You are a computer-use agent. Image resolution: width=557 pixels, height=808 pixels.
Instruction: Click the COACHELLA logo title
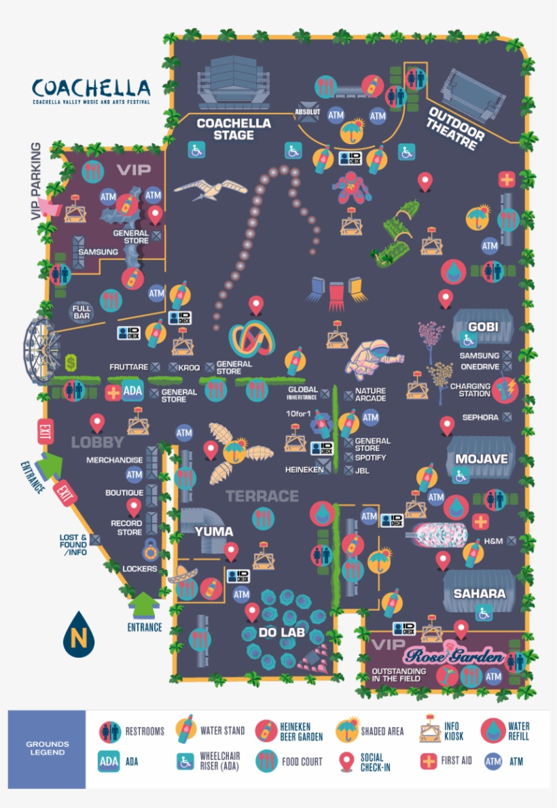[x=91, y=89]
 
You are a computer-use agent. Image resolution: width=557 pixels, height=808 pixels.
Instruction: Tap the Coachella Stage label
[x=224, y=129]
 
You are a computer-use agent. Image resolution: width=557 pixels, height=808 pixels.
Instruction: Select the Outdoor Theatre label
[x=456, y=128]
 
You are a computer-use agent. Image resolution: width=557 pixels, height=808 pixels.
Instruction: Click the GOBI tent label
[x=483, y=326]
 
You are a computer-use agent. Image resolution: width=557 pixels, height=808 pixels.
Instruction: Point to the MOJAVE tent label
[x=482, y=459]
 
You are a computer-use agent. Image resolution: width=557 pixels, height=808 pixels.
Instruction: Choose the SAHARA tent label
[x=480, y=593]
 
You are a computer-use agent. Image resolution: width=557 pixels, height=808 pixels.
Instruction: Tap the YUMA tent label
[x=214, y=531]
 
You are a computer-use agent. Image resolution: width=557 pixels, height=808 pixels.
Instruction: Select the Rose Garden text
[x=454, y=657]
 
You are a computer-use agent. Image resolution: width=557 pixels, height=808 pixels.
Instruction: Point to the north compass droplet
[x=78, y=635]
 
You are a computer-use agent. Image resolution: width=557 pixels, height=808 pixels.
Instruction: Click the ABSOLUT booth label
[x=308, y=111]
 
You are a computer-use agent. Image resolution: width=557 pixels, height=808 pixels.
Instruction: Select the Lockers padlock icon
[x=149, y=547]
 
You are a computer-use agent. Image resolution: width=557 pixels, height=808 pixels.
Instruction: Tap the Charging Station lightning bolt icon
[x=505, y=389]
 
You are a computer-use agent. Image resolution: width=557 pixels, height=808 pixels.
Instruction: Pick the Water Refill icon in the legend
[x=494, y=731]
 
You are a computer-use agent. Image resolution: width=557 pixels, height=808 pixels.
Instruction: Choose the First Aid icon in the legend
[x=428, y=761]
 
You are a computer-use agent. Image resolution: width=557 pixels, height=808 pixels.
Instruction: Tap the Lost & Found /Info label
[x=73, y=545]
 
